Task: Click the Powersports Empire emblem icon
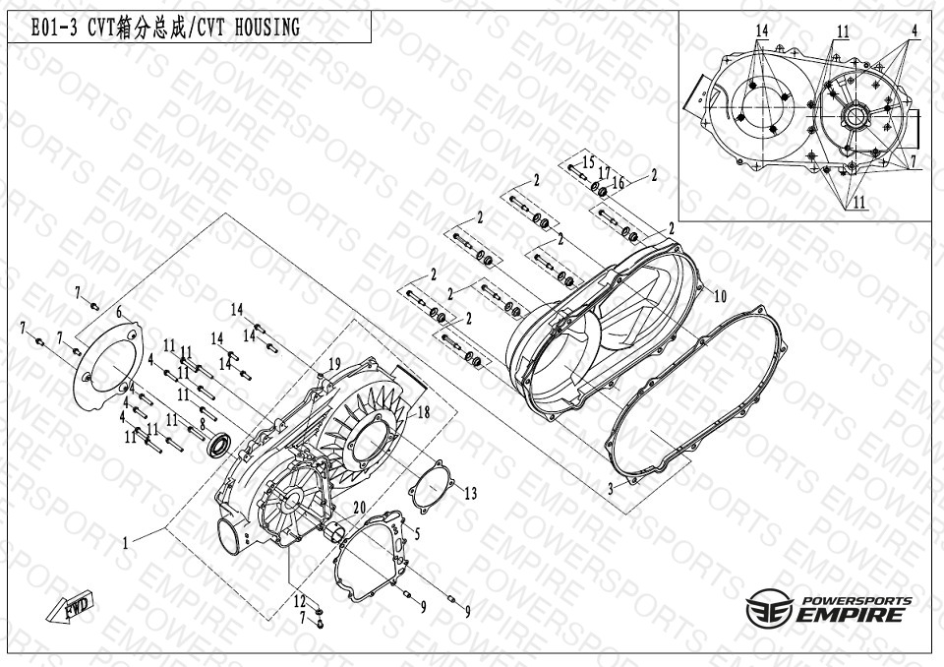(x=769, y=607)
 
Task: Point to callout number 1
(x=125, y=543)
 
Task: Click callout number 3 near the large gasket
(x=611, y=489)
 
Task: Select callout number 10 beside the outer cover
(x=720, y=296)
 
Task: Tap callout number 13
(x=470, y=494)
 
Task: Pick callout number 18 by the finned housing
(x=424, y=412)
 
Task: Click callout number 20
(x=360, y=509)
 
